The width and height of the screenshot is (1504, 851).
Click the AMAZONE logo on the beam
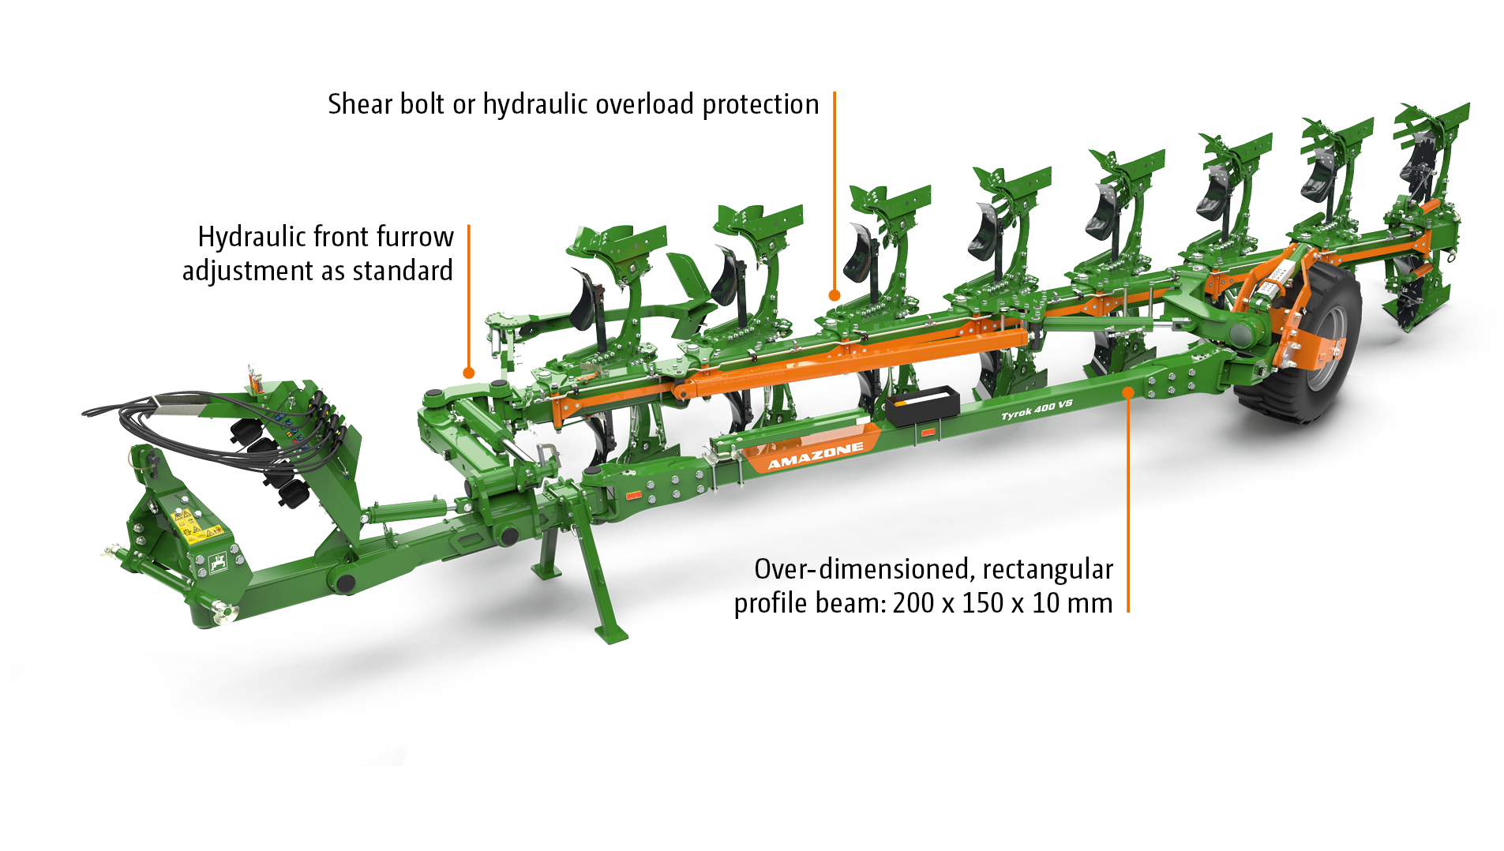point(815,455)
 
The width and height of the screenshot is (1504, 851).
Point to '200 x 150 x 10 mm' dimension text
point(1002,603)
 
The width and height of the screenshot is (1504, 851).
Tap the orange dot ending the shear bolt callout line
point(834,295)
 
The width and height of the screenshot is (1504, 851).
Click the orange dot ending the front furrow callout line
point(468,373)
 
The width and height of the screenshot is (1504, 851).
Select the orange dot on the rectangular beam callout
point(1128,392)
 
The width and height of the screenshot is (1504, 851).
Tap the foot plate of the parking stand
point(611,633)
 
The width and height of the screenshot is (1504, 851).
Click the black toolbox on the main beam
point(921,405)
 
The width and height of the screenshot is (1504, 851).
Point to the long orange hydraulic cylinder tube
point(853,364)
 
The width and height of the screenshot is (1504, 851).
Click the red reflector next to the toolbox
point(928,432)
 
